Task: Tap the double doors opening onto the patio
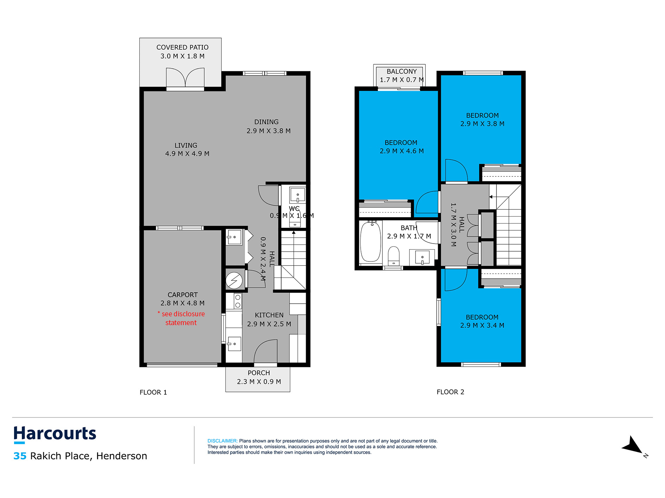click(x=185, y=78)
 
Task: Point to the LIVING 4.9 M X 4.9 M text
click(x=187, y=149)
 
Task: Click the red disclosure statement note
click(x=181, y=318)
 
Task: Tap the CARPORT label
click(x=182, y=295)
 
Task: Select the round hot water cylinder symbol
click(x=234, y=280)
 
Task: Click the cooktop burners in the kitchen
click(x=238, y=301)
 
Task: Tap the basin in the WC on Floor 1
click(x=297, y=194)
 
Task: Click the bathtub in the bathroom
click(x=370, y=241)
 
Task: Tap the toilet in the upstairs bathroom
click(x=393, y=256)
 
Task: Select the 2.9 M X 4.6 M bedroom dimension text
click(x=401, y=151)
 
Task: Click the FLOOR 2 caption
click(x=450, y=392)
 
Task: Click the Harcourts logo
click(x=55, y=434)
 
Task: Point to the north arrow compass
click(x=633, y=446)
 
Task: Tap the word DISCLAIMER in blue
click(x=222, y=441)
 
